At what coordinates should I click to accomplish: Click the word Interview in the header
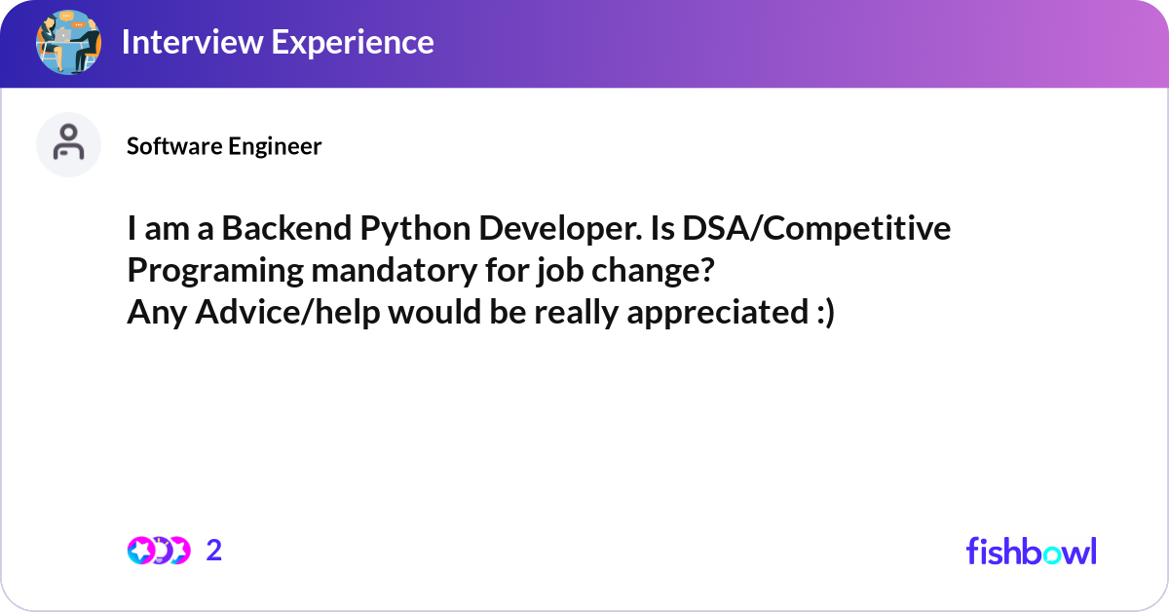(192, 42)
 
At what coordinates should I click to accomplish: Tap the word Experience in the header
(353, 43)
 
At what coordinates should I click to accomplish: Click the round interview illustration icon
(68, 42)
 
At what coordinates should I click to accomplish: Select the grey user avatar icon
(68, 144)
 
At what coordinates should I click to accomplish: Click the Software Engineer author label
(224, 146)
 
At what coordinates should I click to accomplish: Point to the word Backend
(286, 228)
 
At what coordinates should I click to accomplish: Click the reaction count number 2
(214, 551)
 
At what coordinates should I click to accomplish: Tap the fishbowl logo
(1032, 551)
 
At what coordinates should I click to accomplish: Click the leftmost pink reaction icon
(140, 551)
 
